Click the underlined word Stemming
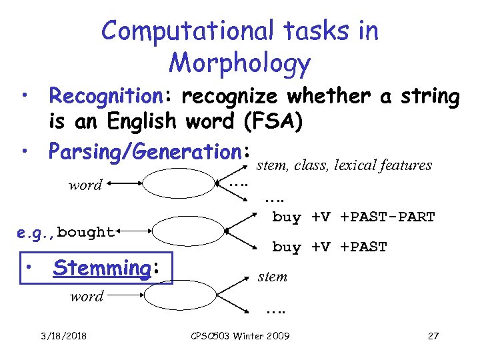102,268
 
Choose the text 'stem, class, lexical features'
344,165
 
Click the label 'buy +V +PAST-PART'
353,217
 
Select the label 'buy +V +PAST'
329,247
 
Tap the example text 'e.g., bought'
66,232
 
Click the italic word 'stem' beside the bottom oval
272,276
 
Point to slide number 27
433,335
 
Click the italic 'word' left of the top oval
85,185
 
